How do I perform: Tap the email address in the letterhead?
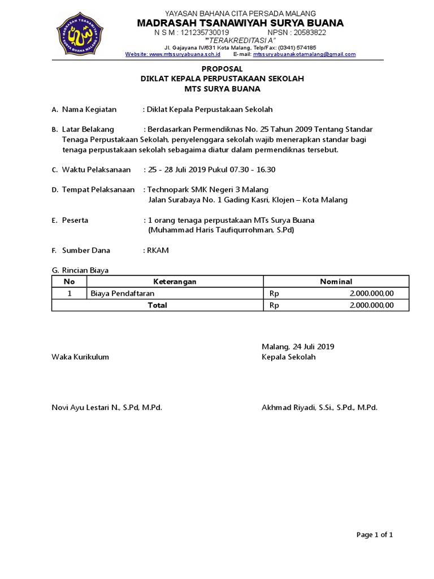pos(304,54)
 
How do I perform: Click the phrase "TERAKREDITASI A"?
pos(240,41)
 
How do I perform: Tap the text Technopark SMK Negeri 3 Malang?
pos(208,189)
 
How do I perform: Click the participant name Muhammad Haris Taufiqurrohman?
pos(213,230)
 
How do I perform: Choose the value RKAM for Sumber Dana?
pos(158,250)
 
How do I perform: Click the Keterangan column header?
pos(175,282)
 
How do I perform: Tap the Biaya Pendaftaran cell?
pos(123,293)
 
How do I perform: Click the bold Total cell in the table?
pos(157,305)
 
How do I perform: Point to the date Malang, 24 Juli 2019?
pos(298,346)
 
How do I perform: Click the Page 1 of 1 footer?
pos(374,534)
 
